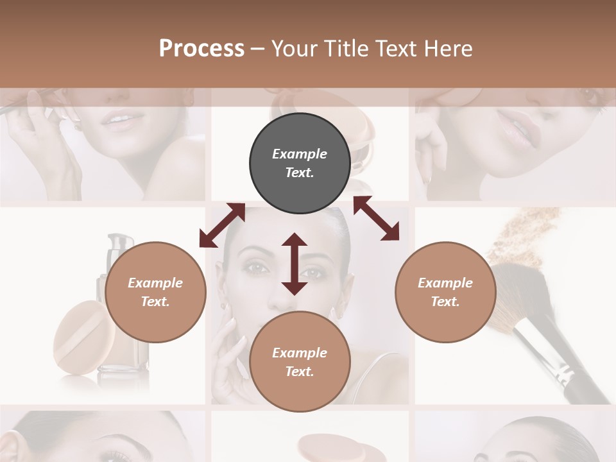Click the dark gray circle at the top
point(300,163)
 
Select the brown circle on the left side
point(155,292)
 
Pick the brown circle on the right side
point(445,292)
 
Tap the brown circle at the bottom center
point(300,361)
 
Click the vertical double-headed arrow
point(295,264)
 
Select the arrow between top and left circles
point(222,225)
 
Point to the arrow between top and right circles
point(376,218)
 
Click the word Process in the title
point(201,48)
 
